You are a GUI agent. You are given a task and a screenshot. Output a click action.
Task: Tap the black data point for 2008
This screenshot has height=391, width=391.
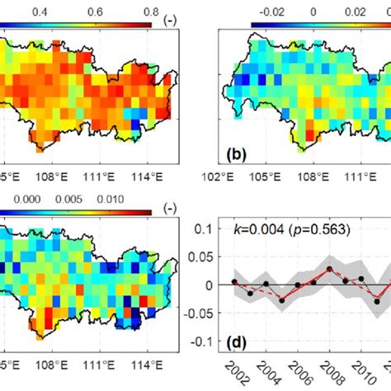point(329,269)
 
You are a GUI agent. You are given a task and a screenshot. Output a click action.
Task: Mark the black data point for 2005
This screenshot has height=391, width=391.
point(282,300)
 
